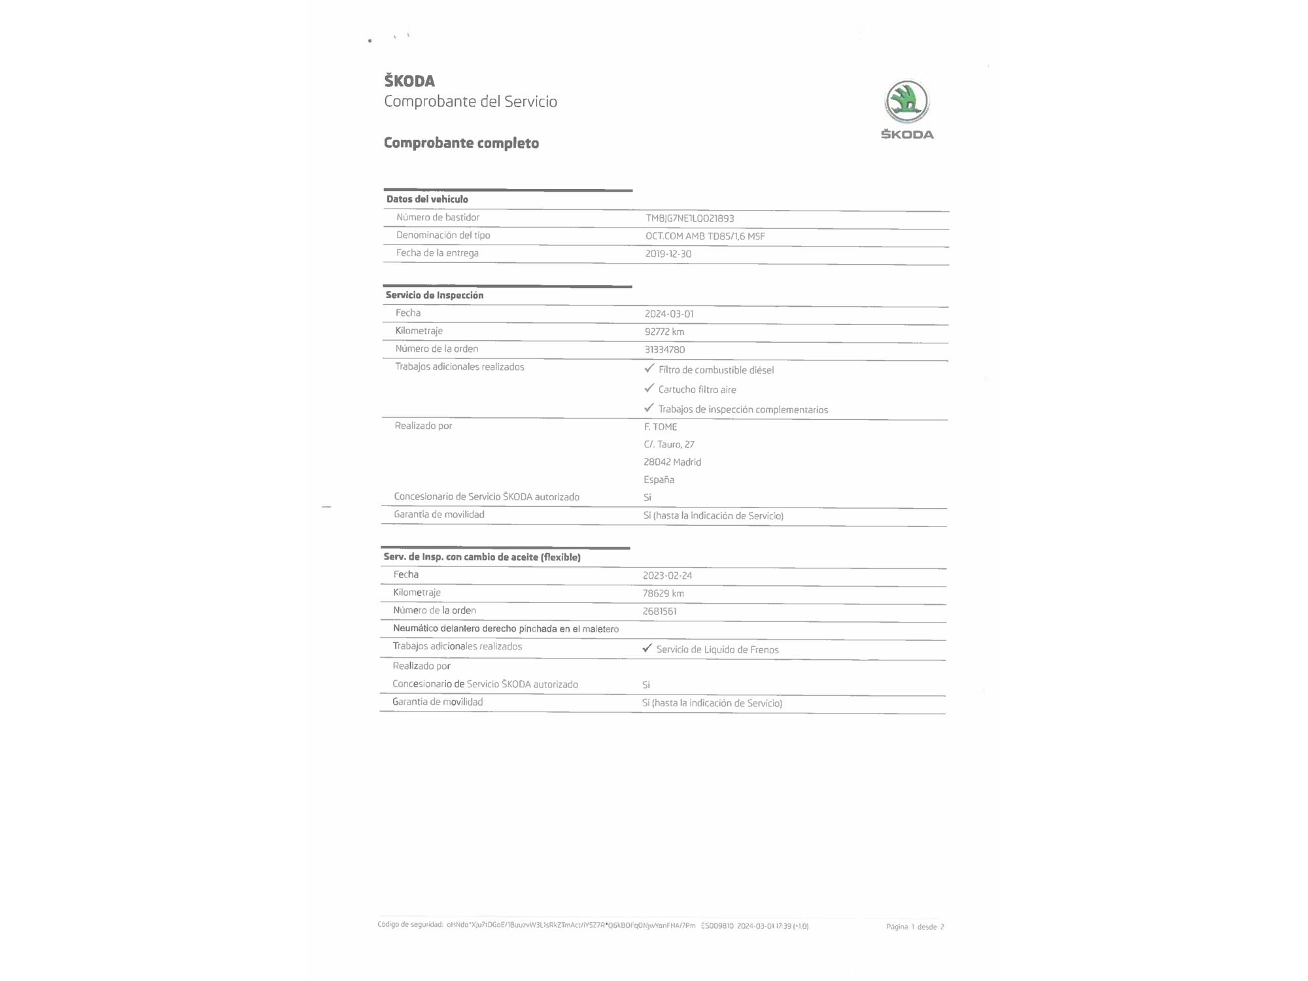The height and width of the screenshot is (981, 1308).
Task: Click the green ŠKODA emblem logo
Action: click(x=906, y=101)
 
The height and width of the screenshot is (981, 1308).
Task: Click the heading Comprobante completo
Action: click(x=461, y=143)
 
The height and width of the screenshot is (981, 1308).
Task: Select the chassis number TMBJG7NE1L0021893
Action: click(x=689, y=218)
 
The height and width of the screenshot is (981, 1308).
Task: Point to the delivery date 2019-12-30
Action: click(x=668, y=254)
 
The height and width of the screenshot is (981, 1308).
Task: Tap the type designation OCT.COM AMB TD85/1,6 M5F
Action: click(x=704, y=236)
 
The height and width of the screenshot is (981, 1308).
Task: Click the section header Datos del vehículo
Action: click(x=427, y=199)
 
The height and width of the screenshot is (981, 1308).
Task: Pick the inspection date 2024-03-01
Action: click(x=668, y=314)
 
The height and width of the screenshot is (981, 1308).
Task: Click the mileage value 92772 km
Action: click(x=664, y=332)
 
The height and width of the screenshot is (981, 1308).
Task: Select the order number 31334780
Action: click(x=664, y=350)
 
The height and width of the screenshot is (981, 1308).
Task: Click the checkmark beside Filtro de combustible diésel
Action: click(x=649, y=368)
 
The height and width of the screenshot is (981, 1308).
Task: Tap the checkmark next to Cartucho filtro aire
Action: click(x=649, y=388)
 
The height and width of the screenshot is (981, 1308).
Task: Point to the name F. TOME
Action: click(x=660, y=427)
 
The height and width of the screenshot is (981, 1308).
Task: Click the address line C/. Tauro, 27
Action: click(x=668, y=445)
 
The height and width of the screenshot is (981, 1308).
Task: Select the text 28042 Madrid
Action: click(x=672, y=462)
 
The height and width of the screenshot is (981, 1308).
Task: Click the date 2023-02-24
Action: click(x=666, y=576)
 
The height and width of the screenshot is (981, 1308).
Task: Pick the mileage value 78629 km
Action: click(x=663, y=594)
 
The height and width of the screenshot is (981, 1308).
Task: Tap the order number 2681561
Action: click(x=659, y=611)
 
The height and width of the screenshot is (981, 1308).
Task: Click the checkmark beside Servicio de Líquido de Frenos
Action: click(x=647, y=648)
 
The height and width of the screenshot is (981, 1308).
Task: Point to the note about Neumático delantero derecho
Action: click(x=506, y=629)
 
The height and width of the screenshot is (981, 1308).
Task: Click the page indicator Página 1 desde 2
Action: click(x=914, y=927)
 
